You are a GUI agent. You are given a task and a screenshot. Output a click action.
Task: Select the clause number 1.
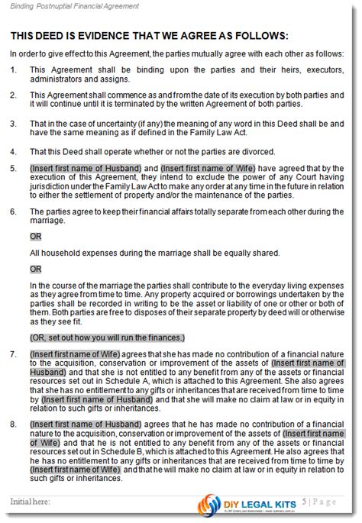pos(13,69)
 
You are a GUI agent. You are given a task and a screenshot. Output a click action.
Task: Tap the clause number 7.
pos(13,354)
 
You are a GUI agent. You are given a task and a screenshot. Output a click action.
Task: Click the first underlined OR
pos(36,237)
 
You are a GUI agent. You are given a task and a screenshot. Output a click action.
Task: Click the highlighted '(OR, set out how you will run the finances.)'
pos(108,337)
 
